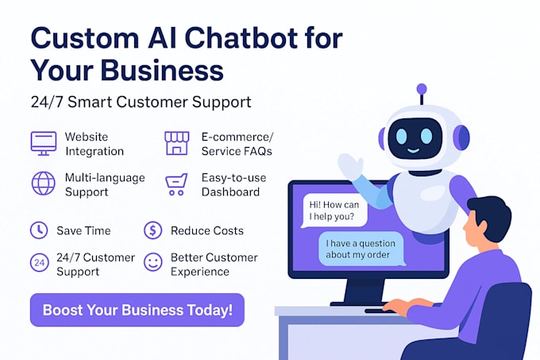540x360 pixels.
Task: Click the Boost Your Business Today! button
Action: [137, 309]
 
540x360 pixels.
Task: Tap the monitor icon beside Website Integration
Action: [44, 143]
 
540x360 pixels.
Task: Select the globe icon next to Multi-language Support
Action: [43, 183]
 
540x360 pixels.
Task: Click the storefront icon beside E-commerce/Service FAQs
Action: [177, 143]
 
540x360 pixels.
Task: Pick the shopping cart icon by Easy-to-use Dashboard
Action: [176, 184]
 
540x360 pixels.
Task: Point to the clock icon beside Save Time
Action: [38, 230]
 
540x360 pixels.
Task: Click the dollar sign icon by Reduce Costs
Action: [152, 230]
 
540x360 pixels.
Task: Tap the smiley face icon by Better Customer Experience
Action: [152, 261]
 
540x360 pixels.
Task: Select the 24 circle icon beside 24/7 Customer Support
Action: [38, 262]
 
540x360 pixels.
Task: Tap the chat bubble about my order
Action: [361, 249]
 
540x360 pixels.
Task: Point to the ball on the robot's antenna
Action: [422, 89]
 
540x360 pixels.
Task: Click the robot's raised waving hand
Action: [349, 166]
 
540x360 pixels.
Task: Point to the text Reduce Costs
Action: [207, 230]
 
